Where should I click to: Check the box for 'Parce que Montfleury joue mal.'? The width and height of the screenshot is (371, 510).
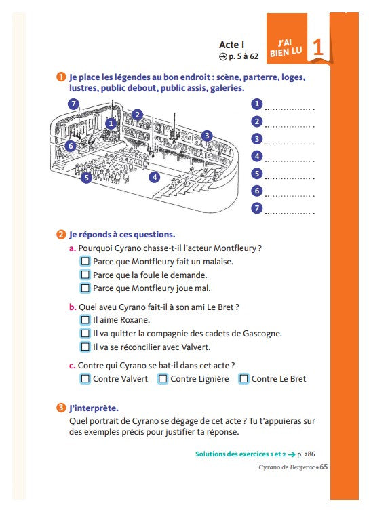pos(85,288)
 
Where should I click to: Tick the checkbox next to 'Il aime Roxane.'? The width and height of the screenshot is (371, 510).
pos(85,320)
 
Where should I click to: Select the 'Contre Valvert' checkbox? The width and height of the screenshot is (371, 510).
pos(85,379)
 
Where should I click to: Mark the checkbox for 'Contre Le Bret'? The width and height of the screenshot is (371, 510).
pos(244,379)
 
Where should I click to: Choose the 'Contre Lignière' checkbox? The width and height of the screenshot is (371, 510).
pos(163,379)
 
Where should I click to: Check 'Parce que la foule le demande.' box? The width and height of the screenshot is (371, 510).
pos(85,275)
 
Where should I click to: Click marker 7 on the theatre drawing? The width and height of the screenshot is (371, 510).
pos(74,104)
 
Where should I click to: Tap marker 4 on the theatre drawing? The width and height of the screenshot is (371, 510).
pos(155,177)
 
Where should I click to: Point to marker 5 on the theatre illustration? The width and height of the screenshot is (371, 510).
pos(87,178)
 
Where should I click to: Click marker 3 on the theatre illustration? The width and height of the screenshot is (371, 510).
pos(207,136)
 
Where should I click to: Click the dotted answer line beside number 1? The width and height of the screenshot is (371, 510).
pos(290,109)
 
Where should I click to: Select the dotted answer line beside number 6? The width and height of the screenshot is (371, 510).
pos(290,196)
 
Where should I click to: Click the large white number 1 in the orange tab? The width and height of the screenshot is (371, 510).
pos(318,47)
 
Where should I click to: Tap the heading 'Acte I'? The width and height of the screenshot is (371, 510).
pos(231,45)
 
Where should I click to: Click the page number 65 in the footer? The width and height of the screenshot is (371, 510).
pos(324,467)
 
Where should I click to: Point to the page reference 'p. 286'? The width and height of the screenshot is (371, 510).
pos(306,454)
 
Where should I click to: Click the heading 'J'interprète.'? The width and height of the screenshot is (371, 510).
pos(94,408)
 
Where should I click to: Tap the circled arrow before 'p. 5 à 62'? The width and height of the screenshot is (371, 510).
pos(223,56)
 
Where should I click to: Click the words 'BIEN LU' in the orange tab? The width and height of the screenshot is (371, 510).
pos(286,52)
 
